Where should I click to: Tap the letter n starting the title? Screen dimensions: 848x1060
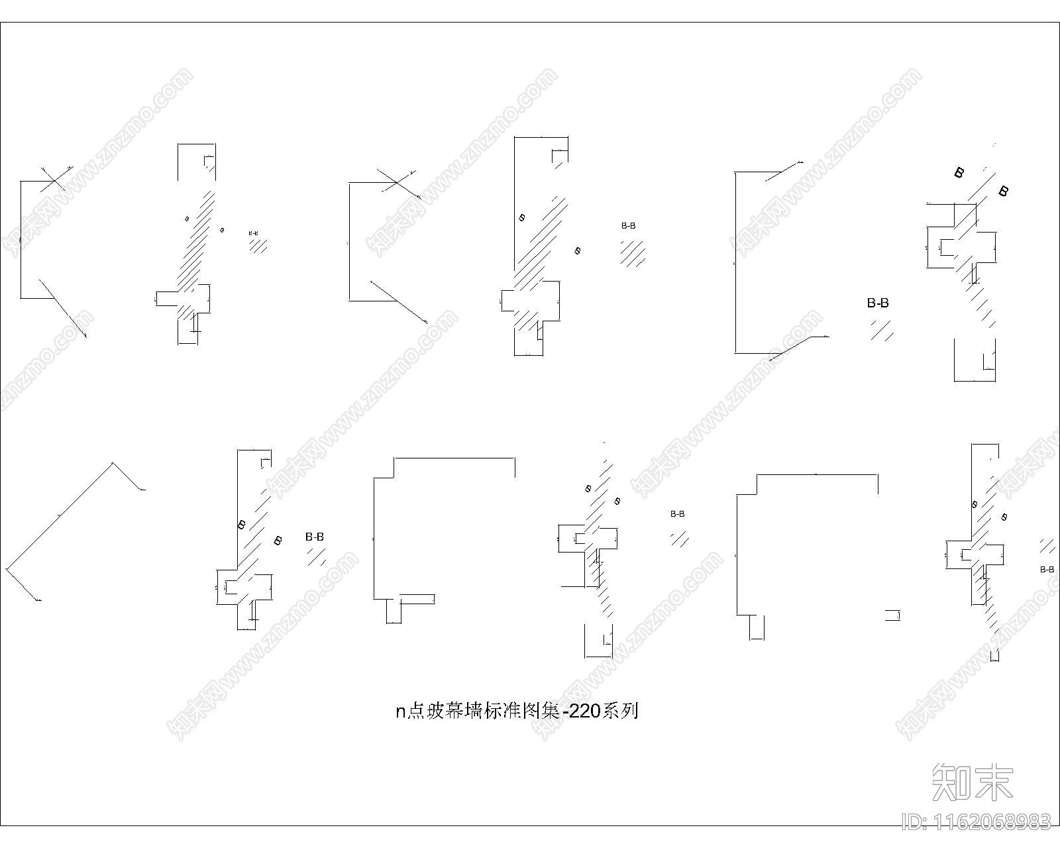[x=400, y=712]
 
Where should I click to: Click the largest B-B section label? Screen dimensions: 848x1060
[x=878, y=303]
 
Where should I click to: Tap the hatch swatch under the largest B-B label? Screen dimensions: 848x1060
[x=882, y=329]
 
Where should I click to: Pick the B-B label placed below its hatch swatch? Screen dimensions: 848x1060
[x=1047, y=569]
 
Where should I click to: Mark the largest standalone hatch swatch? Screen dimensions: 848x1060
[x=633, y=253]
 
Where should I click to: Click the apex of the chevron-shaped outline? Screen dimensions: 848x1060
[x=113, y=463]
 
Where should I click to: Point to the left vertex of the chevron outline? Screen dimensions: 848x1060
[x=7, y=568]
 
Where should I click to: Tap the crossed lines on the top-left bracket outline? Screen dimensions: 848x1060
[x=53, y=178]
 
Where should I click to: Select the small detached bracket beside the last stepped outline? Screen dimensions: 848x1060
[x=892, y=615]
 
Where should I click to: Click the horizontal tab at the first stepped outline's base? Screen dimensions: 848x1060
[x=417, y=599]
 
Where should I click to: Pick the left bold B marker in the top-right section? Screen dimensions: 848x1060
[x=959, y=173]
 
